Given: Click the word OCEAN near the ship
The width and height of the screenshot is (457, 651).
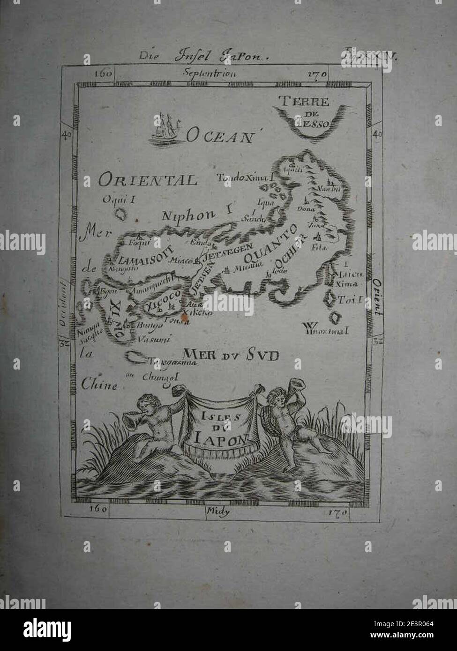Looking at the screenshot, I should (219, 136).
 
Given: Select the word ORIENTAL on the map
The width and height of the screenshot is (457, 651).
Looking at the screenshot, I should (148, 180).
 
